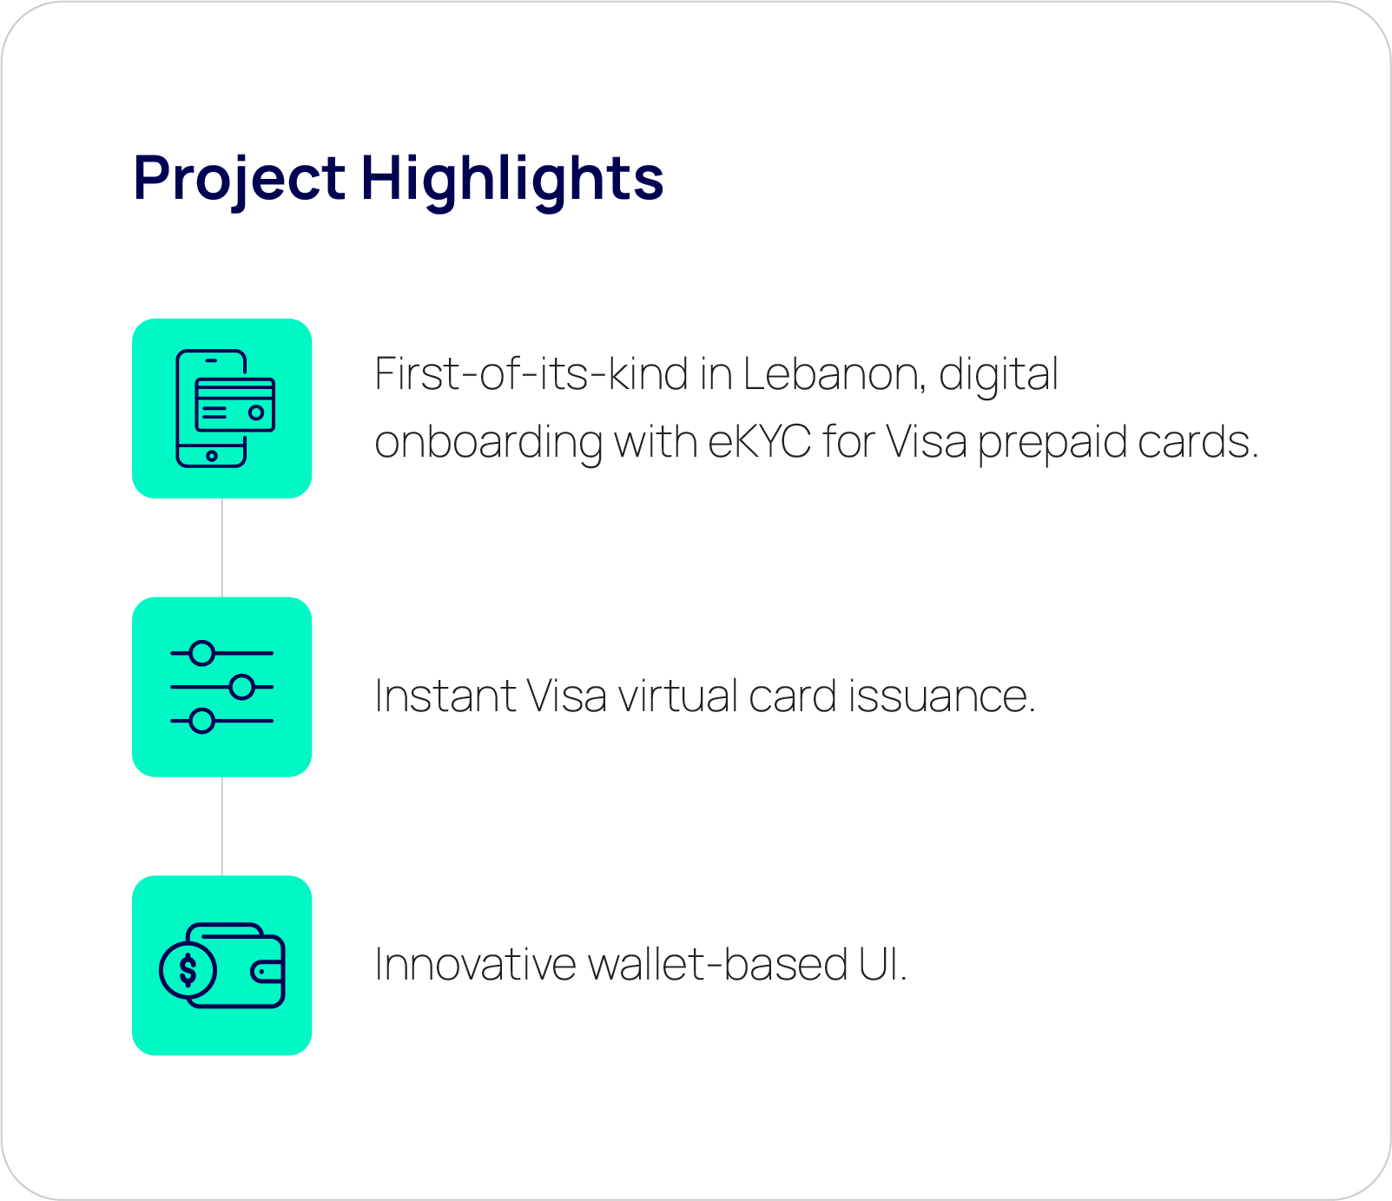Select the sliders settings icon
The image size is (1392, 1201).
pyautogui.click(x=222, y=687)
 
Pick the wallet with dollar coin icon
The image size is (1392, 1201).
pyautogui.click(x=222, y=966)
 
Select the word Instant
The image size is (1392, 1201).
pyautogui.click(x=445, y=696)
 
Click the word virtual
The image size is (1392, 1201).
pyautogui.click(x=677, y=696)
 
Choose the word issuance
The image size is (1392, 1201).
pyautogui.click(x=942, y=696)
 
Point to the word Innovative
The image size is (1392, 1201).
pyautogui.click(x=475, y=965)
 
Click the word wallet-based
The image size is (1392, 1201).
pyautogui.click(x=717, y=965)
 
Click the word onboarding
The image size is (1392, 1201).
pyautogui.click(x=488, y=444)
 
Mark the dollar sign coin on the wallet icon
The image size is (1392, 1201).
pyautogui.click(x=188, y=970)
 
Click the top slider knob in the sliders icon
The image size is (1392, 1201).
pyautogui.click(x=202, y=653)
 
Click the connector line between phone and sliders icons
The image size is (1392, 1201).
pyautogui.click(x=222, y=548)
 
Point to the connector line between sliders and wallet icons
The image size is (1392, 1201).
pyautogui.click(x=222, y=826)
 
